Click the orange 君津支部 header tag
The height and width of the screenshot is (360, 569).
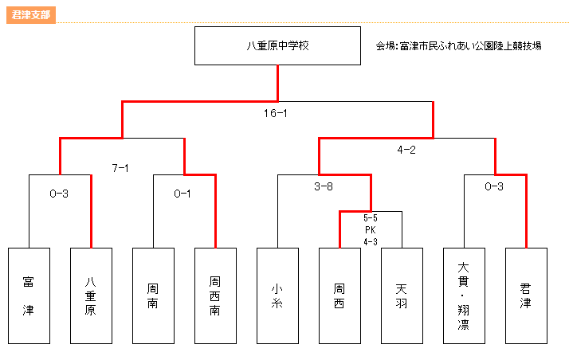pyautogui.click(x=31, y=15)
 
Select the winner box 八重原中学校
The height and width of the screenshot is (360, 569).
pyautogui.click(x=277, y=45)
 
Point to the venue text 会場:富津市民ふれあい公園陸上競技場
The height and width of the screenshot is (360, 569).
pyautogui.click(x=458, y=46)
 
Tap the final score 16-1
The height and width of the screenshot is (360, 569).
pyautogui.click(x=276, y=113)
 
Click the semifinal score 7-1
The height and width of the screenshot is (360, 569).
pyautogui.click(x=120, y=168)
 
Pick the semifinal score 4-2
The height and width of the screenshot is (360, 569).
pyautogui.click(x=406, y=150)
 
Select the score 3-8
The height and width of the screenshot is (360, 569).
pyautogui.click(x=324, y=186)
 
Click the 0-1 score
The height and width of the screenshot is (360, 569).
pyautogui.click(x=182, y=194)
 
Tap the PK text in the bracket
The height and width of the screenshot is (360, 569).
pyautogui.click(x=371, y=230)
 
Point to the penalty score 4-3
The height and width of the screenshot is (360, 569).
pyautogui.click(x=371, y=242)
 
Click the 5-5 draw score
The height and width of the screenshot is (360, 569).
pyautogui.click(x=371, y=218)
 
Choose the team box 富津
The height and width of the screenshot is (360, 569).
pyautogui.click(x=29, y=295)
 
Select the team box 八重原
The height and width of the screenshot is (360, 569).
pyautogui.click(x=91, y=295)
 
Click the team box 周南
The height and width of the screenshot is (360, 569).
pyautogui.click(x=153, y=295)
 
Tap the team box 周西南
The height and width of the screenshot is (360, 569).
pyautogui.click(x=215, y=295)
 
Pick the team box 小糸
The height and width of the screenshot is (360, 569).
pyautogui.click(x=277, y=295)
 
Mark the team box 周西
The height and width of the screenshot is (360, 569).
pyautogui.click(x=339, y=295)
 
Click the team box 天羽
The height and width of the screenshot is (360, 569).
pyautogui.click(x=402, y=295)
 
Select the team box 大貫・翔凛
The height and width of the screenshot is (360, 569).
pyautogui.click(x=464, y=295)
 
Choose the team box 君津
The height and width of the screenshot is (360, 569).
pyautogui.click(x=526, y=295)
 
